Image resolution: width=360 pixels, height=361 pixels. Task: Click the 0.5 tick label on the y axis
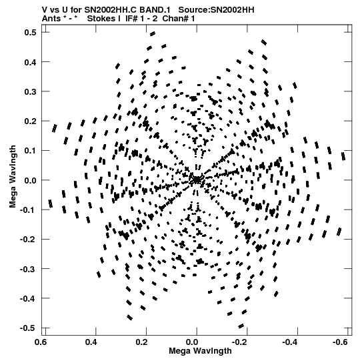tap(31, 33)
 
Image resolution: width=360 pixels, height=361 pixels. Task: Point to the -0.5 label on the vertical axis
tap(28, 328)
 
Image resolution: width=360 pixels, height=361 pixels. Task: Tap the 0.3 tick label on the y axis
tap(31, 91)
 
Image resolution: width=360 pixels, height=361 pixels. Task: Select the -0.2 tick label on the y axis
tap(28, 240)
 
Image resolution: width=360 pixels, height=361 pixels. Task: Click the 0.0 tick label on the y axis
tap(31, 180)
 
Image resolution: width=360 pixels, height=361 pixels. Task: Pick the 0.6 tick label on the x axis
tap(41, 342)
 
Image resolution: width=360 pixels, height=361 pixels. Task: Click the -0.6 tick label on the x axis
tap(340, 342)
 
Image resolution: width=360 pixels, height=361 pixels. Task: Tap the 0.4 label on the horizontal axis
tap(91, 342)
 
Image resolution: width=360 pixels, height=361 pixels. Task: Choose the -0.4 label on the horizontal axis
tap(290, 342)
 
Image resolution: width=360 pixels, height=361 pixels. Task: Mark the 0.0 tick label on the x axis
tap(192, 342)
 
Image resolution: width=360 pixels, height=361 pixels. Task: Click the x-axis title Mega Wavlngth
tap(200, 351)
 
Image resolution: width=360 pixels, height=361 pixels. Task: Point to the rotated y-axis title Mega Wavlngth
tap(13, 177)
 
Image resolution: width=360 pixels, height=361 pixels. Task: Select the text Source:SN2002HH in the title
tap(217, 10)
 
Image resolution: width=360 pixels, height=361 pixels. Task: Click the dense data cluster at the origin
tap(197, 179)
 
